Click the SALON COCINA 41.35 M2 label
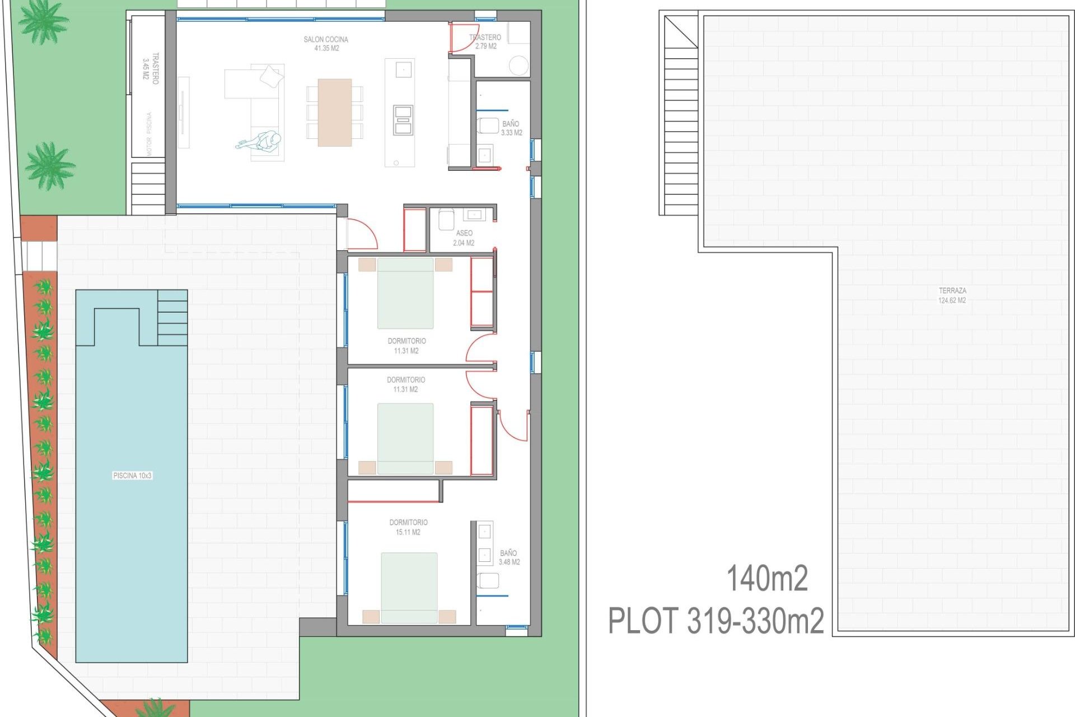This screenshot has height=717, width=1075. [x=326, y=44]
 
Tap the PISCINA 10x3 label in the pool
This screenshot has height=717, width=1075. [x=132, y=476]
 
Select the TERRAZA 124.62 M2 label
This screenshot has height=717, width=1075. [x=952, y=295]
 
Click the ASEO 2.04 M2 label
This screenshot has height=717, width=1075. [x=464, y=238]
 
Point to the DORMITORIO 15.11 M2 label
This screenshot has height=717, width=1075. [x=408, y=527]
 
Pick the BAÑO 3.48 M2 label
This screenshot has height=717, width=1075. [x=509, y=557]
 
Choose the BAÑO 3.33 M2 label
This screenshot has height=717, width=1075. [x=511, y=128]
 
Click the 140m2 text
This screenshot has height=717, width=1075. [x=767, y=579]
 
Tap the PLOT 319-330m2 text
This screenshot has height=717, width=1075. [x=716, y=621]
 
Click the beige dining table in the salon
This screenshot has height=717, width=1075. [x=334, y=112]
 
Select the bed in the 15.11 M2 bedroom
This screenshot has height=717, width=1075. [x=409, y=587]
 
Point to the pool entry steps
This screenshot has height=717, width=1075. [x=172, y=318]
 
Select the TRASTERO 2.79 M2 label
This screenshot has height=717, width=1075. [x=485, y=41]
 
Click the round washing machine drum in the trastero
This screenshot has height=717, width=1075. [x=518, y=66]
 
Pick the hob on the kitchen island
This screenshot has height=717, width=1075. [x=403, y=120]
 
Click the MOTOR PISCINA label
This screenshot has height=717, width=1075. [x=149, y=134]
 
